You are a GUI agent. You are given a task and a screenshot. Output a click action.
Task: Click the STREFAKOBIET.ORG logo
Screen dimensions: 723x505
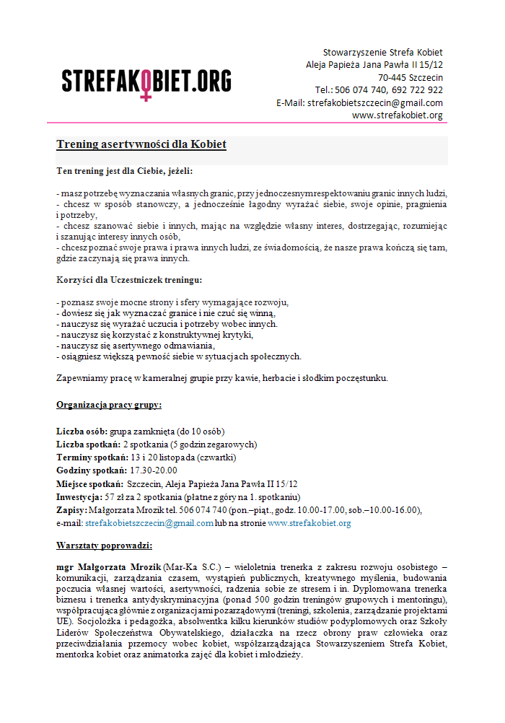pos(146,81)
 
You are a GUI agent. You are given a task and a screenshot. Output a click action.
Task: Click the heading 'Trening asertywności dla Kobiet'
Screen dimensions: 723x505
pos(141,145)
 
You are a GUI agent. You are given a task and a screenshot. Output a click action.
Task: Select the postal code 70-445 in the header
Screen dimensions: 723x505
pos(392,77)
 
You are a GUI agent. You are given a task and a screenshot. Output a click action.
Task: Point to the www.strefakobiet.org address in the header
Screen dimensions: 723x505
pos(398,115)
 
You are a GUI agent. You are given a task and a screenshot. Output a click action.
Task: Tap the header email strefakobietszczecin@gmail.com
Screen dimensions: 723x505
pos(375,102)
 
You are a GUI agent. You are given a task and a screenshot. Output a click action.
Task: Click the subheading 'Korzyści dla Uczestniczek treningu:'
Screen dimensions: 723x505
pos(129,279)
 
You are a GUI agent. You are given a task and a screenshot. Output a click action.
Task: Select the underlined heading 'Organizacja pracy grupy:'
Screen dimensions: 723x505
pos(109,404)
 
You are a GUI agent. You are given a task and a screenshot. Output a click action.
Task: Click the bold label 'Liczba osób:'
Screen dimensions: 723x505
pos(82,431)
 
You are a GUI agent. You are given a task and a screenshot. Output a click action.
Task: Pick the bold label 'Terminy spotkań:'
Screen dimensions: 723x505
pos(92,457)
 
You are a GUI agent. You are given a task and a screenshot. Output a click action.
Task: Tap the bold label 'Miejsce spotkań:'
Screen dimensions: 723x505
pos(89,483)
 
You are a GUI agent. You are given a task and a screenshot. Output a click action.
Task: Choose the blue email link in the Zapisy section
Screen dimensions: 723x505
pos(149,523)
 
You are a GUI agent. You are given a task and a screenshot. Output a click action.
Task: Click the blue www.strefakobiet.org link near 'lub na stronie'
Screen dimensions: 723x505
pos(309,523)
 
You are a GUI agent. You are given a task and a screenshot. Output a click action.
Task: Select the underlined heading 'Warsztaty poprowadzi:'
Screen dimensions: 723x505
pos(105,545)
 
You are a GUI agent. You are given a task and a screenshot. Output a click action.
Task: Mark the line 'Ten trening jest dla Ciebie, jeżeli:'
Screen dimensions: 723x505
pos(125,171)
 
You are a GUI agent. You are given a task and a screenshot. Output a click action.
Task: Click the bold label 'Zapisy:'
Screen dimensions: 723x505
pos(71,510)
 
